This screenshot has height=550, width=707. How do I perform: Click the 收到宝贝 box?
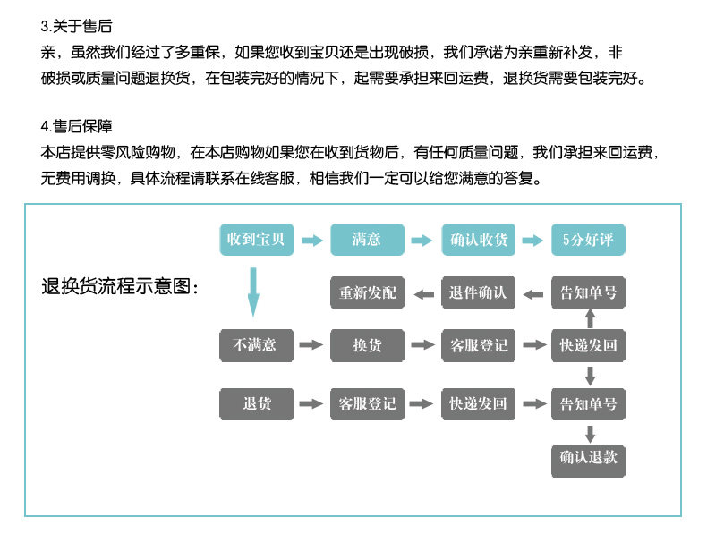[x=256, y=240]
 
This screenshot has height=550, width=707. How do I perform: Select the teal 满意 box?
[x=367, y=240]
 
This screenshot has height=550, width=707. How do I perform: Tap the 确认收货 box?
[x=478, y=240]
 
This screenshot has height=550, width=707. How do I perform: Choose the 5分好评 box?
[x=588, y=240]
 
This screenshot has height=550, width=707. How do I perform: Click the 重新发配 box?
[x=367, y=292]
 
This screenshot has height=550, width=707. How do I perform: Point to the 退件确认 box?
[x=478, y=292]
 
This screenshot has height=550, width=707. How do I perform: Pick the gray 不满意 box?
[x=256, y=345]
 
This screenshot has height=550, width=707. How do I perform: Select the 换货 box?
[x=367, y=345]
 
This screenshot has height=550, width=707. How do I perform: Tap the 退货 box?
[x=256, y=403]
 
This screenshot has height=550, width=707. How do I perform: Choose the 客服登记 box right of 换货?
[x=478, y=345]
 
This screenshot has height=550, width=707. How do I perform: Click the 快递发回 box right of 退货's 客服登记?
[x=478, y=403]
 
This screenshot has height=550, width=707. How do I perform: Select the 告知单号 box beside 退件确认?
[x=588, y=292]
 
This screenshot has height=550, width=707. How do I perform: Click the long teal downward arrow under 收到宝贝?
[x=253, y=292]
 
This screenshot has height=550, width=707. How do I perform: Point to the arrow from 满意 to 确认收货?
[x=422, y=241]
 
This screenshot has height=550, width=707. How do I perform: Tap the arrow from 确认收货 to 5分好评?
[x=532, y=241]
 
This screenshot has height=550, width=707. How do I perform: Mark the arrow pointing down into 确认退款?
[x=589, y=433]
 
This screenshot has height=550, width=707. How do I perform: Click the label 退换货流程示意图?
[x=120, y=287]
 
